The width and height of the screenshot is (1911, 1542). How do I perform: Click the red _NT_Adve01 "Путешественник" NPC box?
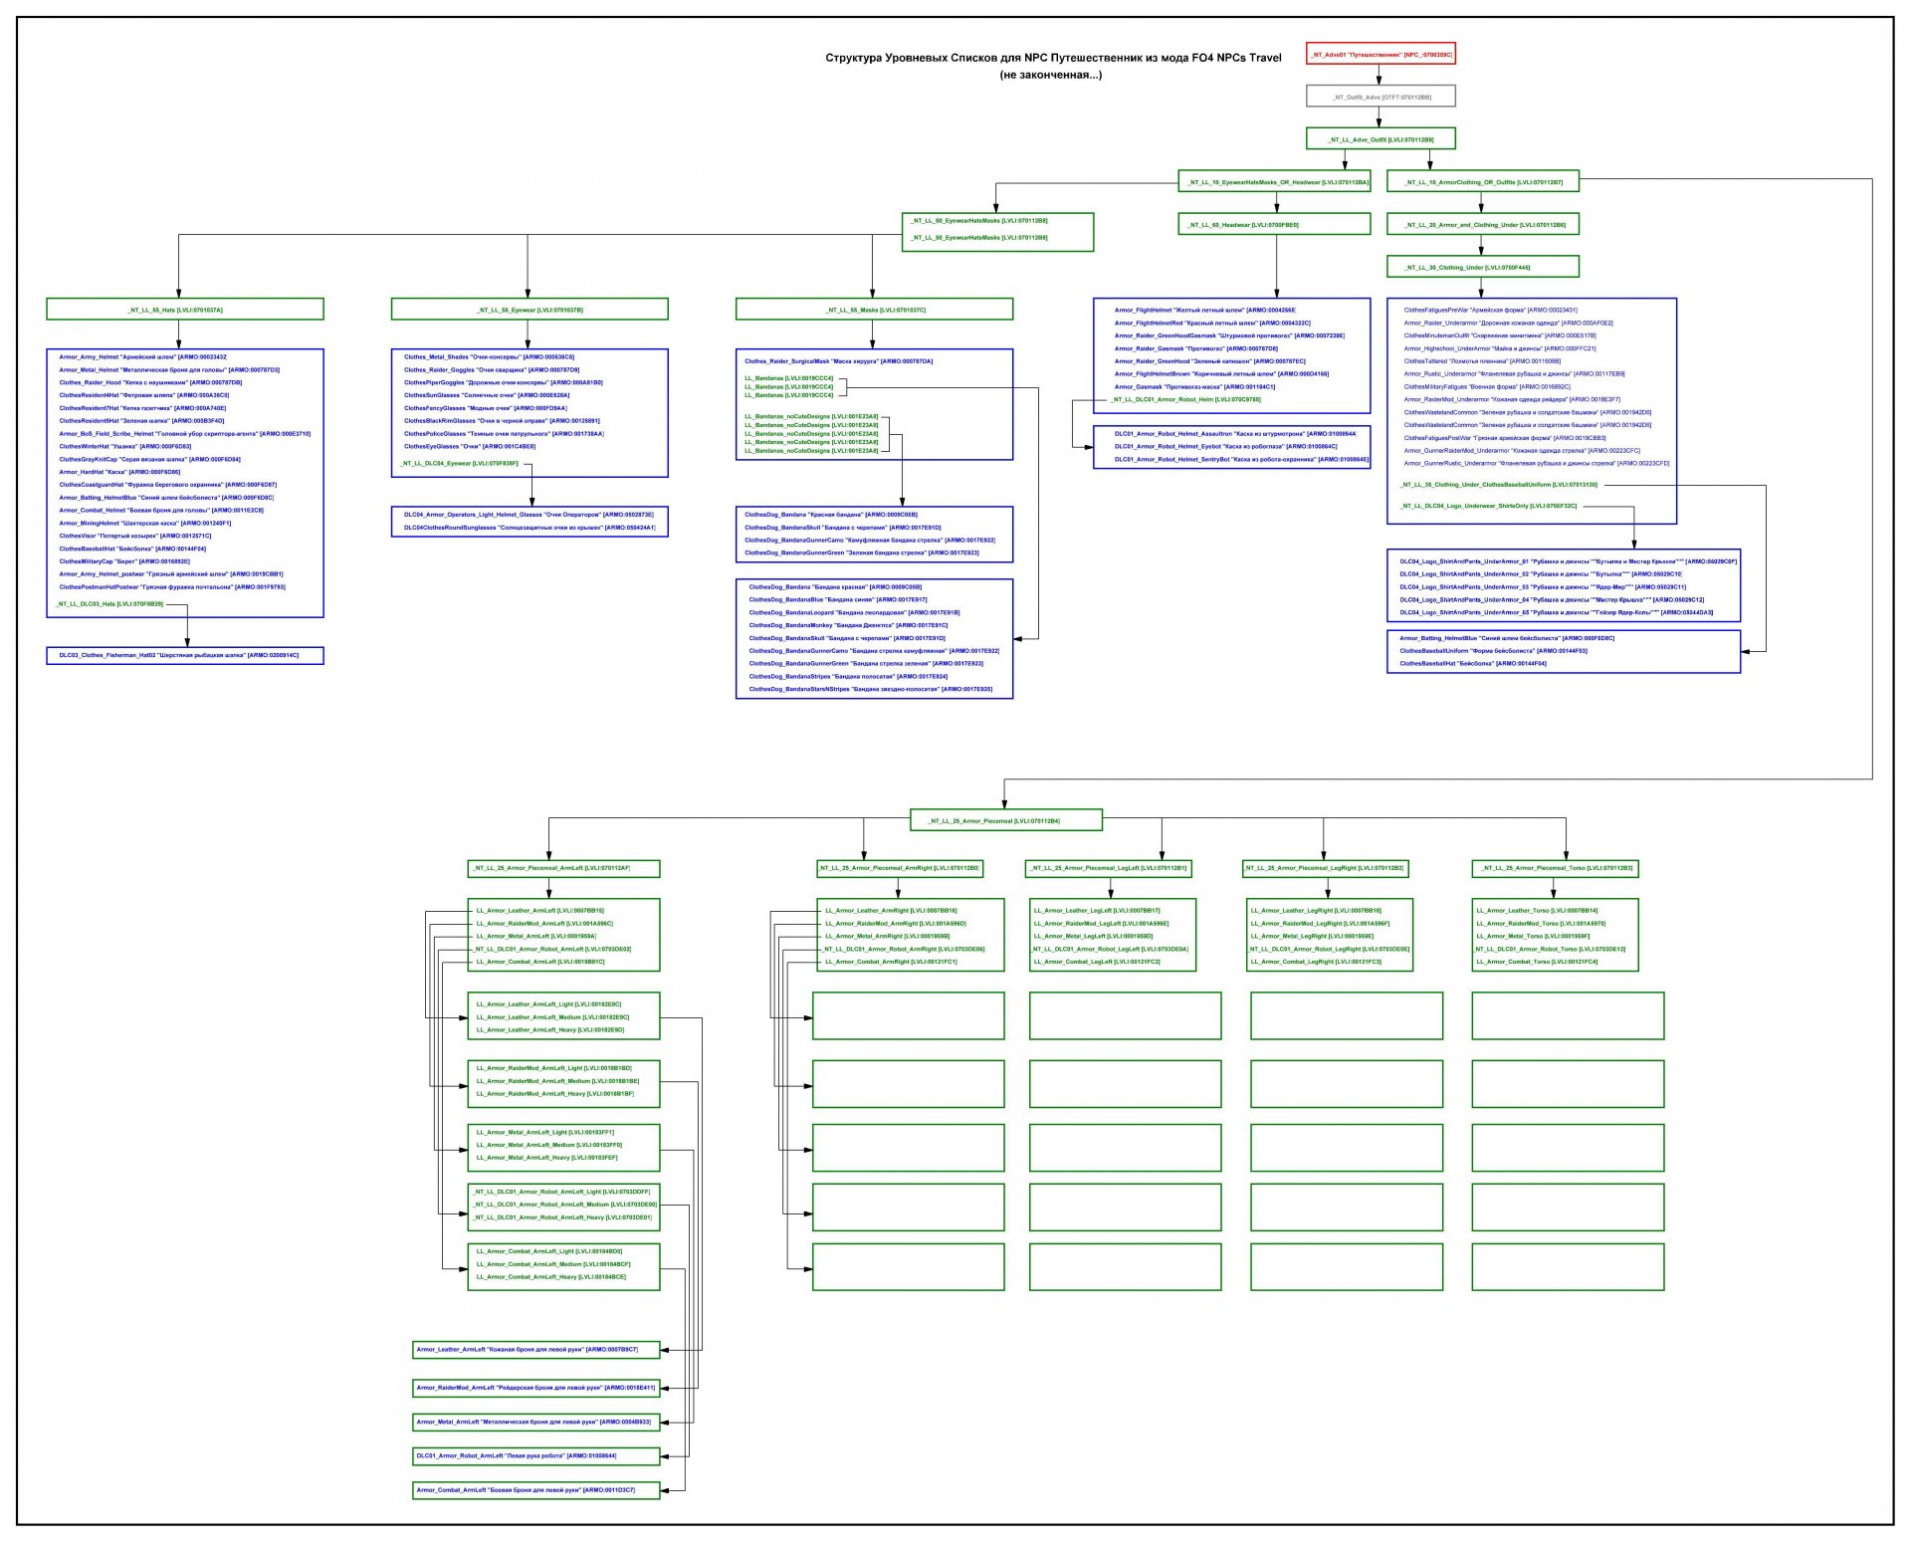point(1380,55)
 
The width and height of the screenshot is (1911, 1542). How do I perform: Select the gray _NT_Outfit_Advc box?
point(1380,97)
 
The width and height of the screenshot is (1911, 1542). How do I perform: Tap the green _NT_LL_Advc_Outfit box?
point(1380,139)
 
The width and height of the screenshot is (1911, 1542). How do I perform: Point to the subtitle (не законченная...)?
point(1051,75)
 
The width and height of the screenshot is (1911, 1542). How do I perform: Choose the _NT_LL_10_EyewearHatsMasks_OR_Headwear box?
point(1274,182)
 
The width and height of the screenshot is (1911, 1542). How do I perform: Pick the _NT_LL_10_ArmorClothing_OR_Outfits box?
point(1482,182)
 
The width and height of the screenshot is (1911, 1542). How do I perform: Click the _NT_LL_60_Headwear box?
point(1274,225)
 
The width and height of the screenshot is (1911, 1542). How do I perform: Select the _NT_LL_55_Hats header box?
point(185,310)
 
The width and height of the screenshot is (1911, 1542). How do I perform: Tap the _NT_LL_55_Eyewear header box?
point(530,310)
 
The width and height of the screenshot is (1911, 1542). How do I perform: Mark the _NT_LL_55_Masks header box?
point(874,310)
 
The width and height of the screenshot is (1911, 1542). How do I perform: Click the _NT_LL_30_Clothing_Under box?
point(1482,267)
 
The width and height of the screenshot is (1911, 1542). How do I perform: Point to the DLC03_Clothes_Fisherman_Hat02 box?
point(185,655)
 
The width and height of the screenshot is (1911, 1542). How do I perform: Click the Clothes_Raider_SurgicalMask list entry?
point(838,361)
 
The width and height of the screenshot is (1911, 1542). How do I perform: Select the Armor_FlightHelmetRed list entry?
point(1211,323)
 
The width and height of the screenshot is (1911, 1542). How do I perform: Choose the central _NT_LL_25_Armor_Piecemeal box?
point(1005,820)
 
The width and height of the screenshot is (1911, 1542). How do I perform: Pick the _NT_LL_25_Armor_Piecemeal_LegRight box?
point(1324,868)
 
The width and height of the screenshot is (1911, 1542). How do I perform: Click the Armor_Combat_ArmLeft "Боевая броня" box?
point(536,1489)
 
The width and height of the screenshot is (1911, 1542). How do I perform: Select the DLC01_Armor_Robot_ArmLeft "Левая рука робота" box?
point(536,1455)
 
